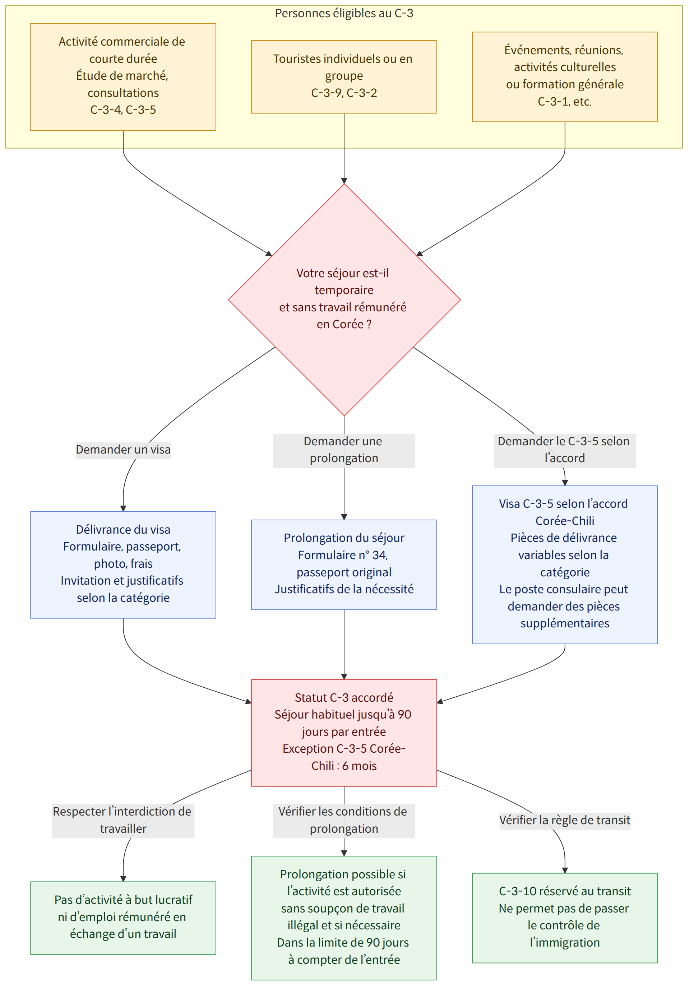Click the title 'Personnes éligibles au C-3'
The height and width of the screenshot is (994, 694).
click(x=344, y=13)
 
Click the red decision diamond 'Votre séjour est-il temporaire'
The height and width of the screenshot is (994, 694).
click(x=344, y=299)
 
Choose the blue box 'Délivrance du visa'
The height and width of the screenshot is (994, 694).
click(x=123, y=565)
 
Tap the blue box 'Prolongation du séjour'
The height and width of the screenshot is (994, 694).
click(x=344, y=565)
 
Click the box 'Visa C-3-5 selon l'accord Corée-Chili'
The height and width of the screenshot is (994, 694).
click(x=565, y=565)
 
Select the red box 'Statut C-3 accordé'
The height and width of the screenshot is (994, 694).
click(x=344, y=733)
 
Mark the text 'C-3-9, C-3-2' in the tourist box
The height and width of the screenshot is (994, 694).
click(x=344, y=93)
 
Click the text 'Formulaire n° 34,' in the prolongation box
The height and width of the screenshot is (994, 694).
click(x=343, y=556)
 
